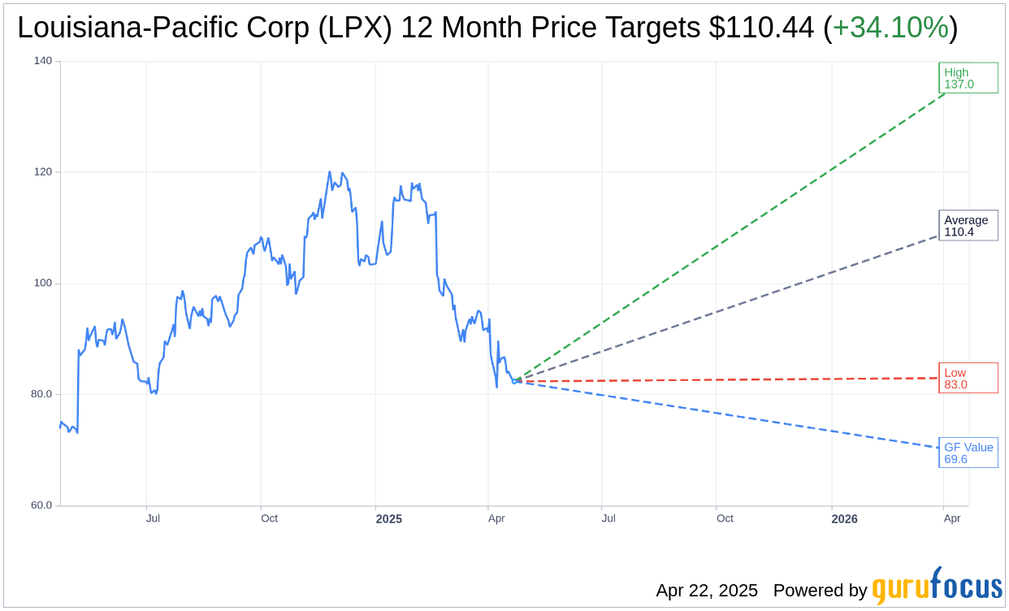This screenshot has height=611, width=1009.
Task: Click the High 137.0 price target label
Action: [968, 78]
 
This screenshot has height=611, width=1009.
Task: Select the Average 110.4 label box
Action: [968, 226]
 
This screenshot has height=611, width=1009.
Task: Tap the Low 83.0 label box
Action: [968, 379]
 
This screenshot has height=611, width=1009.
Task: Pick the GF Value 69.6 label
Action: [968, 453]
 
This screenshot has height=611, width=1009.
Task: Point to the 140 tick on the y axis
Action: [43, 61]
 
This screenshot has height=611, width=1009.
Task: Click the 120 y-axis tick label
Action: [43, 172]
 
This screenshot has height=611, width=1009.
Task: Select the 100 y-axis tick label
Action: [43, 284]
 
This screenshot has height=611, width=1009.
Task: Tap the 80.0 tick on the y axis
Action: [41, 394]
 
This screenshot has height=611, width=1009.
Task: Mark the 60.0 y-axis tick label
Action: [41, 505]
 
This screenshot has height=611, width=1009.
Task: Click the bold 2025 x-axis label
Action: [388, 519]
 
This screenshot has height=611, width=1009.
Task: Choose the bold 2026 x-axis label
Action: [844, 519]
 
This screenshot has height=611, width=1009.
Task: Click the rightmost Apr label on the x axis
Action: [952, 518]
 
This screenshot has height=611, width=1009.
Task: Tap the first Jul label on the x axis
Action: [153, 518]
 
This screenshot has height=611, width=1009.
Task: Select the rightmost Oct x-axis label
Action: [725, 518]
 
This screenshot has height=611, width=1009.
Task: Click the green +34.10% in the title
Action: [890, 28]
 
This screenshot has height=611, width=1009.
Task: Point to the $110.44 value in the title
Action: [760, 28]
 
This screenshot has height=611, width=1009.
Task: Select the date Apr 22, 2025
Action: [707, 591]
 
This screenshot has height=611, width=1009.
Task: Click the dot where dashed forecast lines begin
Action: [516, 380]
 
